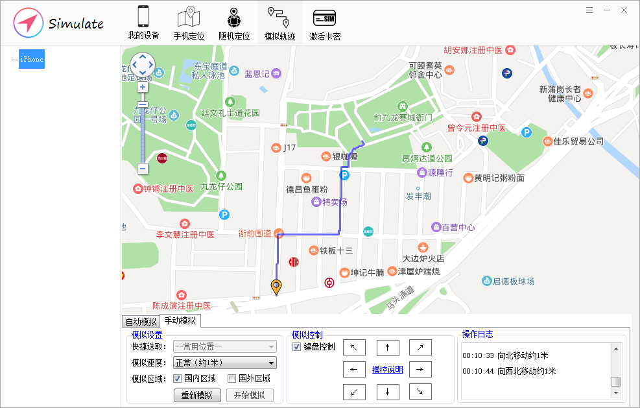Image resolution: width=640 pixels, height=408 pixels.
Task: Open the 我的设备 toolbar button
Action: (x=143, y=23)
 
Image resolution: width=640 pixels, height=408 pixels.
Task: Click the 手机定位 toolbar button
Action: (x=189, y=23)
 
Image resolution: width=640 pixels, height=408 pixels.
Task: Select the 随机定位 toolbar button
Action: (x=234, y=23)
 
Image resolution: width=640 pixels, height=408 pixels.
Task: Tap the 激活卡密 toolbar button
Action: (x=325, y=23)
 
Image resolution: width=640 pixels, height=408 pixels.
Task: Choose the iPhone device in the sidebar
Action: (x=32, y=59)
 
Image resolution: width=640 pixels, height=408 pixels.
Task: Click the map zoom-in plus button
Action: (x=143, y=87)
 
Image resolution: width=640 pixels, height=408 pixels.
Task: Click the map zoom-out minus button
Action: (x=143, y=169)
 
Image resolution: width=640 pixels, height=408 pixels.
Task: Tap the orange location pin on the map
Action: (x=276, y=286)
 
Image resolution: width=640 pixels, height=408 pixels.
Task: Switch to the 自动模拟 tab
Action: (x=141, y=322)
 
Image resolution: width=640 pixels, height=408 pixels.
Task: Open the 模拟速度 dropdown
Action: (x=224, y=363)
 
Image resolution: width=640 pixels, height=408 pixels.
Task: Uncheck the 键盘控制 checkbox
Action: (x=297, y=347)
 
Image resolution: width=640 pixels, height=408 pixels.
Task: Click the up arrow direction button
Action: (x=388, y=348)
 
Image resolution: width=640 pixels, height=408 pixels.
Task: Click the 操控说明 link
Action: (x=387, y=370)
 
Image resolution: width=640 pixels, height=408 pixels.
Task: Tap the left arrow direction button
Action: (x=354, y=370)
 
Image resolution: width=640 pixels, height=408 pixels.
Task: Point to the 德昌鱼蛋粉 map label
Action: (x=307, y=189)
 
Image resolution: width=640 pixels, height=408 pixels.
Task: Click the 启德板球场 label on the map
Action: (x=513, y=281)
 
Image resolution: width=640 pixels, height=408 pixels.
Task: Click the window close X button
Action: (x=624, y=10)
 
